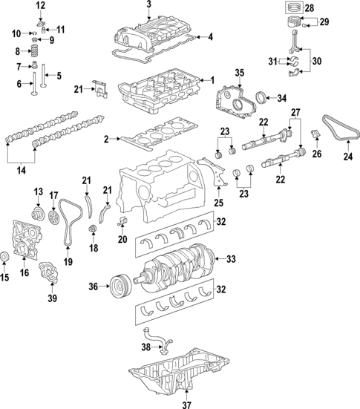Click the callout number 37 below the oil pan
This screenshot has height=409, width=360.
[186, 404]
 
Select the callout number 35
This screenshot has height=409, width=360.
[239, 72]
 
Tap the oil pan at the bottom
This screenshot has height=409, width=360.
[178, 379]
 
